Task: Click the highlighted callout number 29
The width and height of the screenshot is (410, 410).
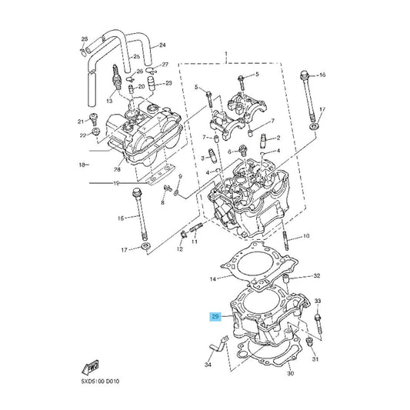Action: click(x=215, y=317)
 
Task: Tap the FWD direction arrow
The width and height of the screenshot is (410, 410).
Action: click(x=90, y=367)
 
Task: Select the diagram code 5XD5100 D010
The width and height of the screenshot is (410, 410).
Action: click(x=100, y=382)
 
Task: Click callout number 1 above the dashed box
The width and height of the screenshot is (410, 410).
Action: click(x=226, y=54)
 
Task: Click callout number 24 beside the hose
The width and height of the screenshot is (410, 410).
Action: click(x=162, y=45)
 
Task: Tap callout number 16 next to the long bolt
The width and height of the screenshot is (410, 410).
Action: click(x=322, y=75)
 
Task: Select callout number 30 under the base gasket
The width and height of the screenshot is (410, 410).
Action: click(x=291, y=373)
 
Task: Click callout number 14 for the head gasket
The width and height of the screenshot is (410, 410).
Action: click(x=213, y=279)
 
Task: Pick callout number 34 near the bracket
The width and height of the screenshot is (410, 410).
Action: click(x=208, y=365)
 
